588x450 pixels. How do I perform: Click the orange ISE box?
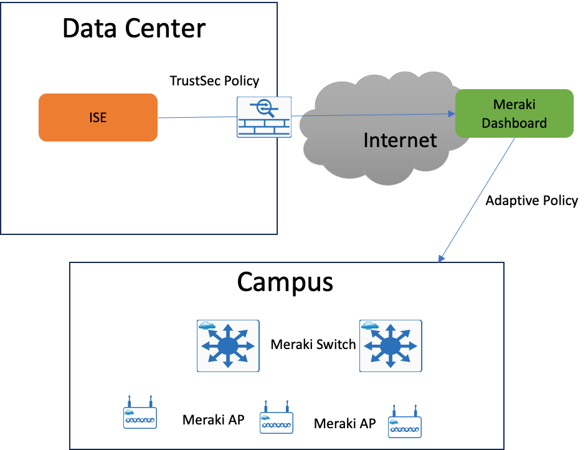click(98, 117)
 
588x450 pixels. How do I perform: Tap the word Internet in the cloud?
click(400, 140)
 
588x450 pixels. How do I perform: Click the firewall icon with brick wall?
click(263, 117)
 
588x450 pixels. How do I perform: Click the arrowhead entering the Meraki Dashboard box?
click(452, 114)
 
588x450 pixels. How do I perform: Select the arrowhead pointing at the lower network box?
click(441, 258)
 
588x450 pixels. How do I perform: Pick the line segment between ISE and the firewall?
click(196, 117)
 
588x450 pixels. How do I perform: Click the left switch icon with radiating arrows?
click(228, 346)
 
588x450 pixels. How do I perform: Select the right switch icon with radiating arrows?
click(391, 346)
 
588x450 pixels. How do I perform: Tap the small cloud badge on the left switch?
click(206, 325)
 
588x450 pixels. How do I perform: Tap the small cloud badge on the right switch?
click(369, 325)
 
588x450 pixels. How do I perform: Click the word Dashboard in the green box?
click(514, 123)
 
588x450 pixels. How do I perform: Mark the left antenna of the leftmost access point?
click(129, 400)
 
